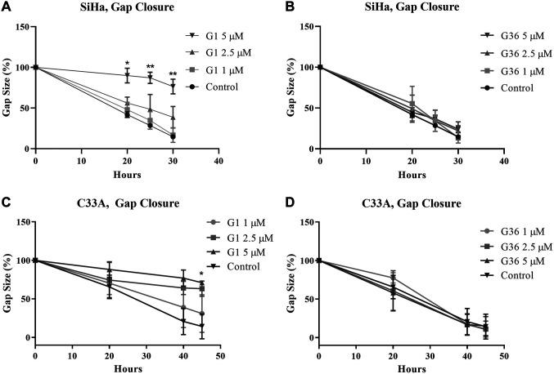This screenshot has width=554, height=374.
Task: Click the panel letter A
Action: coord(6,7)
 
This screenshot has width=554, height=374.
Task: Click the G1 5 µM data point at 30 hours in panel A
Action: coord(173,86)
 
